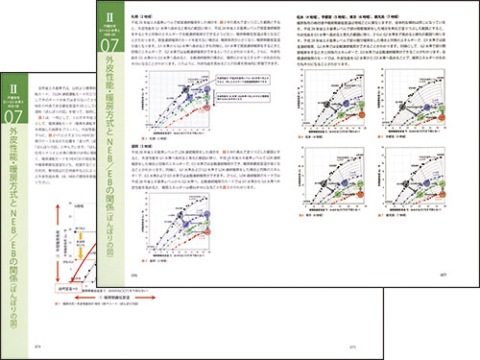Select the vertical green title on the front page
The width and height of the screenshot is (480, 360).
(114, 144)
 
